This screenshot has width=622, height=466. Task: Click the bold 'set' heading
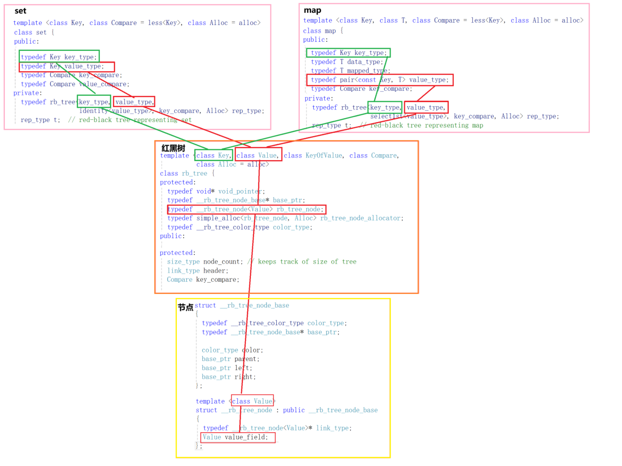[20, 11]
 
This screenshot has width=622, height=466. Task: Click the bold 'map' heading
[312, 10]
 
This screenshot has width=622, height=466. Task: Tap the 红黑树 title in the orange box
[173, 148]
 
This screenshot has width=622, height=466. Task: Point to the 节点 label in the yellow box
[185, 307]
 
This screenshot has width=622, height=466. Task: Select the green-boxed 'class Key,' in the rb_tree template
[213, 155]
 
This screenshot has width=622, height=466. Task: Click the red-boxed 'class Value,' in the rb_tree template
[258, 155]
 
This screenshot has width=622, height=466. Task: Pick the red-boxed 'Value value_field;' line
[237, 437]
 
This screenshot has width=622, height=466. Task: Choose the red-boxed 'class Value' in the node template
[252, 401]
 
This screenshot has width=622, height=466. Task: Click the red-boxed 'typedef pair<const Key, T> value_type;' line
[379, 80]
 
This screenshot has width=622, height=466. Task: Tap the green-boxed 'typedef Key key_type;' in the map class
[348, 53]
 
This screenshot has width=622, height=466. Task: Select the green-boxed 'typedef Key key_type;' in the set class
[59, 57]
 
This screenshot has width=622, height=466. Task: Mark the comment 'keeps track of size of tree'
[307, 262]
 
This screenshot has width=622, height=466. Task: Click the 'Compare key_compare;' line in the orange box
[203, 280]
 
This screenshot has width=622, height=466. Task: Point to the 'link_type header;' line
[198, 271]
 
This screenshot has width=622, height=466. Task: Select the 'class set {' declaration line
[34, 33]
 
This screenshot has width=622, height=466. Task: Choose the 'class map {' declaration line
[323, 31]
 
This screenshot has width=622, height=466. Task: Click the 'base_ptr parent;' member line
[230, 359]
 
